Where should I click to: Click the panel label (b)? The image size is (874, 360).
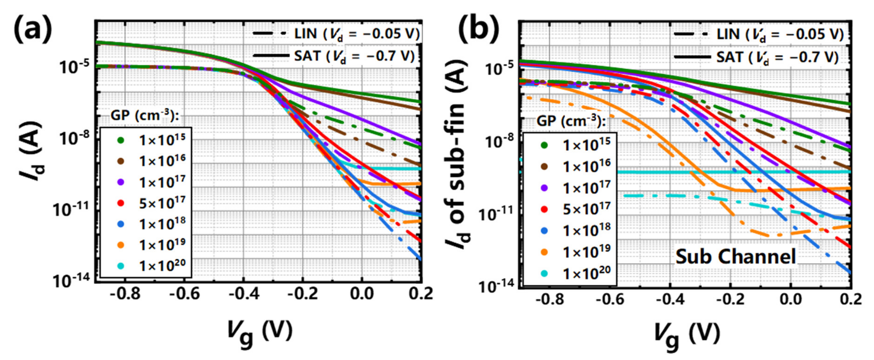(478, 30)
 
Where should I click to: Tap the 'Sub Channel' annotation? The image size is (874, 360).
(735, 257)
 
